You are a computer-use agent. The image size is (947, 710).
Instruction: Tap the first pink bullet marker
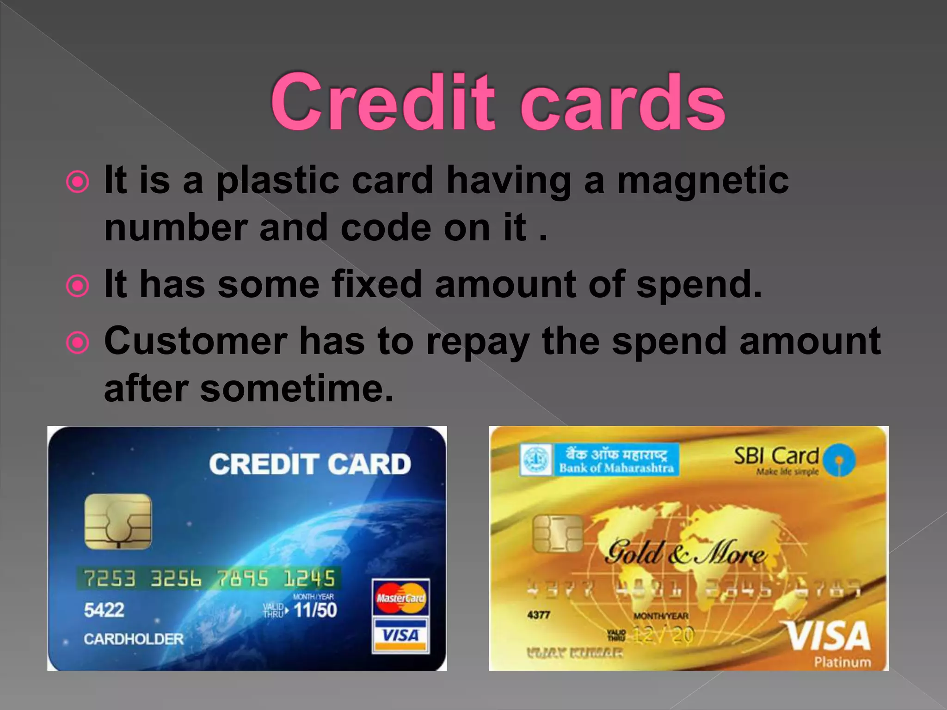click(x=77, y=182)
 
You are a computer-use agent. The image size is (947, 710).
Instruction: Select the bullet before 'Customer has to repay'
click(x=77, y=343)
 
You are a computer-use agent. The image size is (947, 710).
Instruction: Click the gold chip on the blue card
click(x=118, y=521)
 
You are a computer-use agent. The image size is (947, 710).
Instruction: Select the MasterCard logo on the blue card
click(x=400, y=598)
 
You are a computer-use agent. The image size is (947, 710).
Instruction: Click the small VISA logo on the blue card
click(x=400, y=635)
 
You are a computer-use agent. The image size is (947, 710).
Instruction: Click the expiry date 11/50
click(x=315, y=610)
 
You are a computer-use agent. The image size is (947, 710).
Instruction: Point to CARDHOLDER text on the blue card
click(x=134, y=639)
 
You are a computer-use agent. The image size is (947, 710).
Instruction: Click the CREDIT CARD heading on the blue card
click(x=310, y=464)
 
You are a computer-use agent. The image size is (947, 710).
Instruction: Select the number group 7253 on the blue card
click(x=110, y=578)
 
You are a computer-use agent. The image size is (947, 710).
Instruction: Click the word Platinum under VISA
click(x=842, y=662)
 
